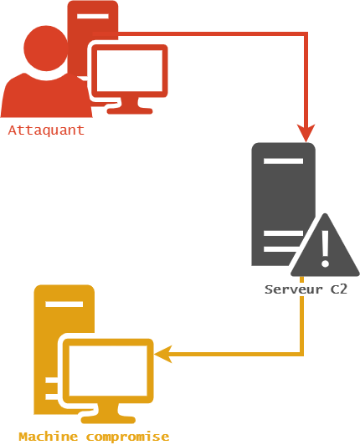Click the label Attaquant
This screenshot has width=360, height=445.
(x=46, y=130)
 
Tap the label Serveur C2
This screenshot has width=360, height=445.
(x=306, y=289)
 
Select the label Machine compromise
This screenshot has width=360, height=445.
(x=94, y=437)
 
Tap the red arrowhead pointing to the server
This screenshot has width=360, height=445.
(x=306, y=132)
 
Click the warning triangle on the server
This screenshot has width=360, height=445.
(x=324, y=249)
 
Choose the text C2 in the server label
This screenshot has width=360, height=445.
(x=337, y=289)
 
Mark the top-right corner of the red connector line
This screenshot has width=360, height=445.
(x=306, y=35)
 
